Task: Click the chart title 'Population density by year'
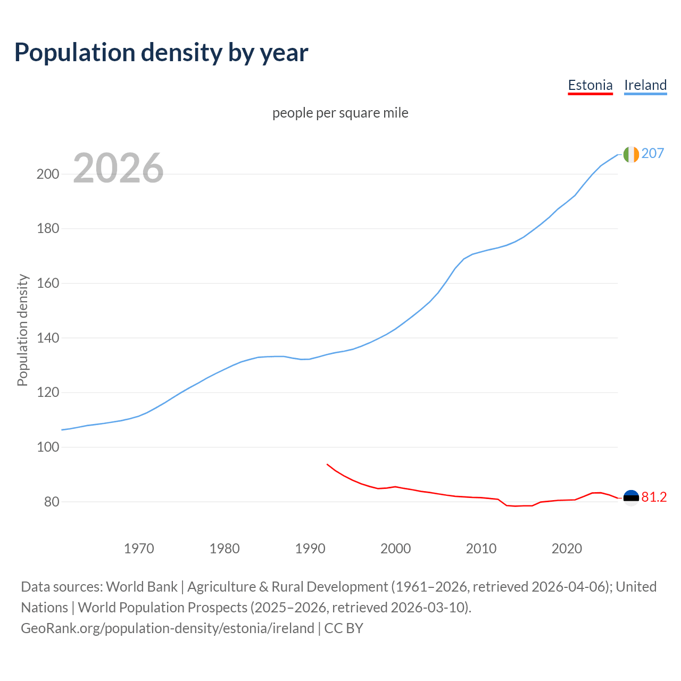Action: tap(161, 52)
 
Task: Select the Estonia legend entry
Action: tap(590, 85)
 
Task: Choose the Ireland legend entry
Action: tap(645, 85)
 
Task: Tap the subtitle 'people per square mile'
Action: tap(340, 113)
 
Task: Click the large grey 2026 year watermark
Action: tap(118, 168)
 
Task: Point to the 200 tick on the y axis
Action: tap(47, 174)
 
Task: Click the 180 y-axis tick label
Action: tap(47, 229)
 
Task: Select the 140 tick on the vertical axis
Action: tap(47, 338)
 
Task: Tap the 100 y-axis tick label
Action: tap(47, 447)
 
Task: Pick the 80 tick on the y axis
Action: tap(51, 502)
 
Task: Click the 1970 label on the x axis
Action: tap(139, 549)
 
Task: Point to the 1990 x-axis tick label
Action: tap(310, 549)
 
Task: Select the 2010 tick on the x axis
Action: tap(481, 549)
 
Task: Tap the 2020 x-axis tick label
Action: tap(567, 549)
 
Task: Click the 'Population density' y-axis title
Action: tap(22, 330)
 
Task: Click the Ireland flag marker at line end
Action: tap(631, 154)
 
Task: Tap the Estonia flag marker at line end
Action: tap(631, 498)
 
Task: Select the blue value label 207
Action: tap(653, 153)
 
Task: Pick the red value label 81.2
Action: tap(654, 497)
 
